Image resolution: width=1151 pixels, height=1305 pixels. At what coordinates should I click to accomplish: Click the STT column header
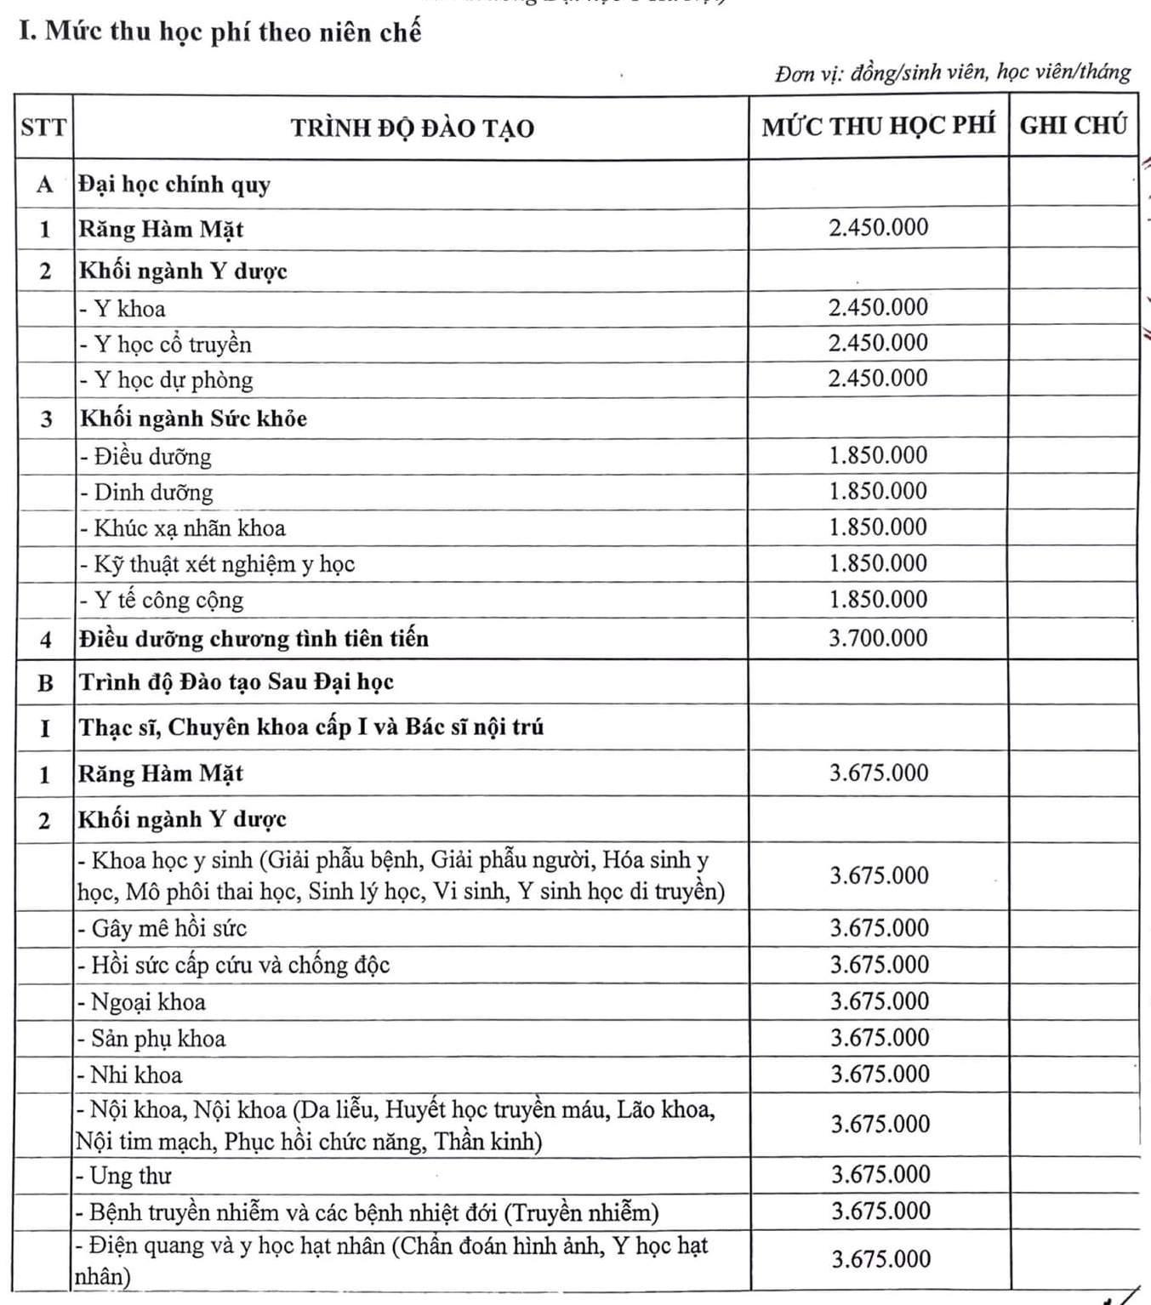coord(43,128)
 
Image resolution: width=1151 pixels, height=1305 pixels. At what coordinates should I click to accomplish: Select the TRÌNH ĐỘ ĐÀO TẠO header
coord(412,128)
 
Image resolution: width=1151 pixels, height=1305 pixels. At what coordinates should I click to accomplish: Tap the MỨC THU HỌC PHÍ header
coord(878,126)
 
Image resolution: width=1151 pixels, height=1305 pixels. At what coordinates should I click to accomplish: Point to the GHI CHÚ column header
coord(1073,126)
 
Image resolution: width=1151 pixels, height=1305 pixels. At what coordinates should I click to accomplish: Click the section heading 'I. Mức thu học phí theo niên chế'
coord(220,32)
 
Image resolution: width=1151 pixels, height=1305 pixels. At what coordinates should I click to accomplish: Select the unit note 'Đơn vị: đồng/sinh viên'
coord(952,73)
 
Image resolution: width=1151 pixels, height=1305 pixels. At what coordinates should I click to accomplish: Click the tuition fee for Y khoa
coord(878,307)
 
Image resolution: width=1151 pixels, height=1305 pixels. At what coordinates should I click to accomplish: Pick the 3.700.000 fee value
coord(878,638)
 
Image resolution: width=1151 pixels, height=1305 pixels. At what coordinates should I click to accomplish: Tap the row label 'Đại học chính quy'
coord(174,185)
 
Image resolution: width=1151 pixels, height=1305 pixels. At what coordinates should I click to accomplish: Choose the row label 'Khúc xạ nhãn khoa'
coord(189,528)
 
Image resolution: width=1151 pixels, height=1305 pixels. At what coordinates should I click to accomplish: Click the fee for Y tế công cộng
coord(878,599)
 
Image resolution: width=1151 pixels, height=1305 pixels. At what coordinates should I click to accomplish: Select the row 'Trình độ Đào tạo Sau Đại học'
coord(236,682)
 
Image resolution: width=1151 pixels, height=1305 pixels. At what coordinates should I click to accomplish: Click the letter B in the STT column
coord(45,683)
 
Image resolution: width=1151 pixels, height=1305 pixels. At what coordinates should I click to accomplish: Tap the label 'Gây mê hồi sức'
coord(168,928)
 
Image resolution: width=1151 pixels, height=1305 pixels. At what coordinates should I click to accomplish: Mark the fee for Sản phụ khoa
coord(880,1038)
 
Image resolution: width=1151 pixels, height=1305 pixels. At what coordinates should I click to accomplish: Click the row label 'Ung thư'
coord(130,1176)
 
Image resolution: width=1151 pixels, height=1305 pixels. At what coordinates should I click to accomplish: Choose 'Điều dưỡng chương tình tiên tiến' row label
coord(254,639)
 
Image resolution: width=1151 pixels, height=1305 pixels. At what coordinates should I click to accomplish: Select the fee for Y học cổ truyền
coord(878,343)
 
